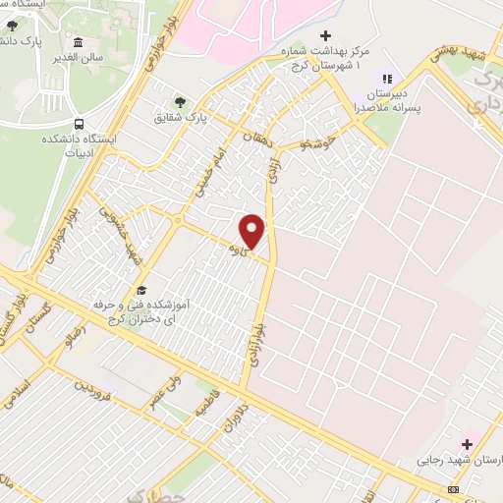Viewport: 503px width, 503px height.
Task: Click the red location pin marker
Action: pyautogui.click(x=252, y=231)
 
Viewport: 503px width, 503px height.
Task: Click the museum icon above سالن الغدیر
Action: pyautogui.click(x=78, y=42)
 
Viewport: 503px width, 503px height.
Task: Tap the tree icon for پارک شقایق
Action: pyautogui.click(x=179, y=100)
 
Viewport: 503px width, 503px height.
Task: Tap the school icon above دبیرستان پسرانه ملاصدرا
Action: pyautogui.click(x=387, y=79)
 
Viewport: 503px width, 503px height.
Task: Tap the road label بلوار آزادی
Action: pyautogui.click(x=257, y=324)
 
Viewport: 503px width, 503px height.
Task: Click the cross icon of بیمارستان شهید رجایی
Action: pyautogui.click(x=470, y=438)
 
